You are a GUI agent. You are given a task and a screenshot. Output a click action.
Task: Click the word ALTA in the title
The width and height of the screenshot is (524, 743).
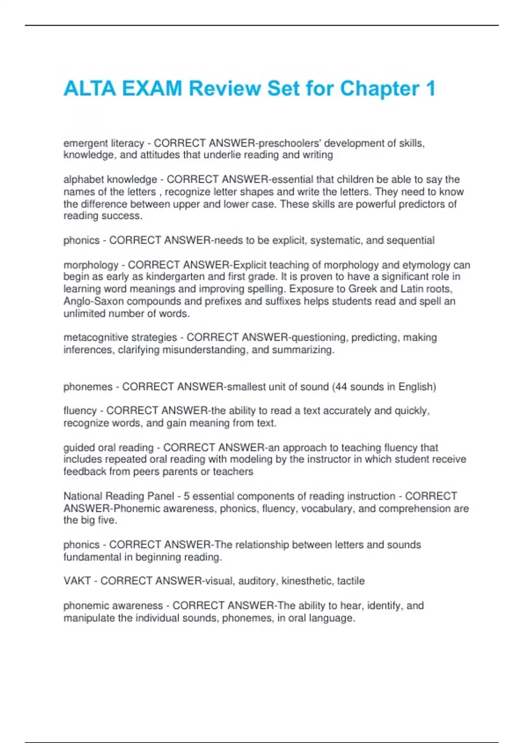coord(90,89)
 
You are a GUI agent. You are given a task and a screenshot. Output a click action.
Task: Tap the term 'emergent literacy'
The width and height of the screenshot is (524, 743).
coord(103,143)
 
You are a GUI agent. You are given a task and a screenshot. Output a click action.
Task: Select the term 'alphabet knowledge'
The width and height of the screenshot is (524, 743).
coord(110,180)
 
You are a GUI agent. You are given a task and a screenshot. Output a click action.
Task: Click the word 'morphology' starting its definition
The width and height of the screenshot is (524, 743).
coord(91,265)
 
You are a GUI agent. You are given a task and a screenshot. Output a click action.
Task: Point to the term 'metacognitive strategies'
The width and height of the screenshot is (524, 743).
coord(120,337)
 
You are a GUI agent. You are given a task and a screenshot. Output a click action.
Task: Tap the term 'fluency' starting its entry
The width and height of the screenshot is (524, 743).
coord(80,411)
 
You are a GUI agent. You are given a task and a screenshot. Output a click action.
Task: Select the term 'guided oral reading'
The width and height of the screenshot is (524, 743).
coord(108,448)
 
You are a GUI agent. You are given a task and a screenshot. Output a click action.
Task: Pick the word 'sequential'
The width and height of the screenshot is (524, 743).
coord(411,240)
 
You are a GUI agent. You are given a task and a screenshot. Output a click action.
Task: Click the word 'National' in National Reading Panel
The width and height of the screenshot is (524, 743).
coord(83,496)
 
